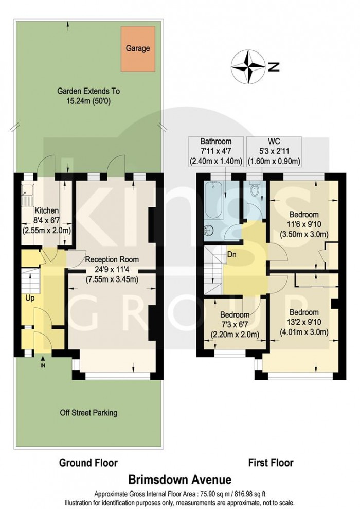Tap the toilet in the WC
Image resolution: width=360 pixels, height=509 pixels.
[x=254, y=194]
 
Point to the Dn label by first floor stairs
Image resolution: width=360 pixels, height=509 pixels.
[x=232, y=254]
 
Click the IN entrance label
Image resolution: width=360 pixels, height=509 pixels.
[x=43, y=365]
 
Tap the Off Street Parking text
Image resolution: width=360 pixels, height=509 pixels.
[x=88, y=412]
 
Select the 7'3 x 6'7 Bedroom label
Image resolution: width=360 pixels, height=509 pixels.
[x=235, y=325]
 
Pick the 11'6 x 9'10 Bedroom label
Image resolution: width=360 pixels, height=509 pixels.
[x=303, y=224]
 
